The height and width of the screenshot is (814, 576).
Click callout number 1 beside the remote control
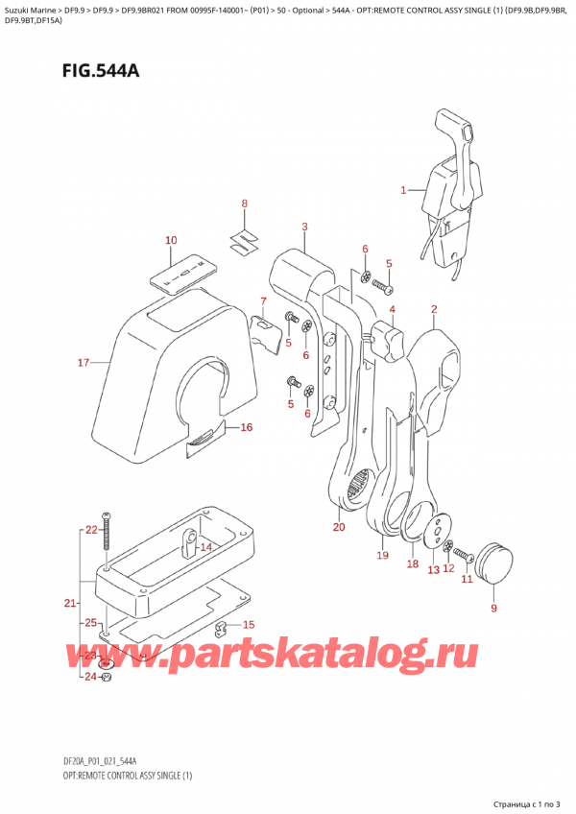pos(404,190)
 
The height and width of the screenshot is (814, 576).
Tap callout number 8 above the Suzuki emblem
pos(244,203)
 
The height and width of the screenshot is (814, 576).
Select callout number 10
pos(171,240)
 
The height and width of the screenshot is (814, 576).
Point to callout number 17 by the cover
pos(84,362)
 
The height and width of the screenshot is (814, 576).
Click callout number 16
pos(246,427)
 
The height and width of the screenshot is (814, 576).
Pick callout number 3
pos(304,227)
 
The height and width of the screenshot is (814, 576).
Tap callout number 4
pos(393,310)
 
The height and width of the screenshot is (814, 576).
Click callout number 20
pos(338,527)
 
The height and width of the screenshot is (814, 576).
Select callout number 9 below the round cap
pos(494,608)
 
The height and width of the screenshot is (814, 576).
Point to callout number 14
pos(204,547)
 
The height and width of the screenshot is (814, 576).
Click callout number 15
pos(249,625)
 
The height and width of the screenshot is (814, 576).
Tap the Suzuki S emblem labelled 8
pos(244,237)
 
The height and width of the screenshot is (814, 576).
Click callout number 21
pos(69,603)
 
